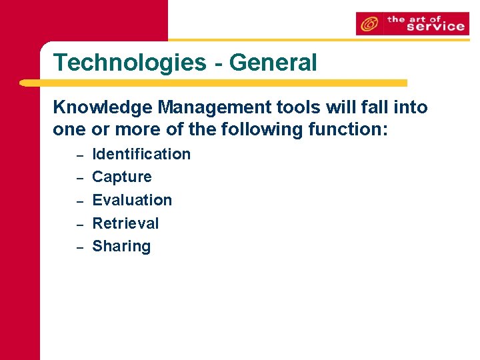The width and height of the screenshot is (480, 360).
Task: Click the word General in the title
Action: [273, 63]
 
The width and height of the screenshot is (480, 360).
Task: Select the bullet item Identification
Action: [141, 154]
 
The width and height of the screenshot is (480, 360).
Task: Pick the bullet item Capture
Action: [122, 177]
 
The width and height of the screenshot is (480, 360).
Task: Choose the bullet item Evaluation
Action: [132, 200]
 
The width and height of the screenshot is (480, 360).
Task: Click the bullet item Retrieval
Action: [125, 223]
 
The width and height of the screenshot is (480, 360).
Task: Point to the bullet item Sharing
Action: [121, 247]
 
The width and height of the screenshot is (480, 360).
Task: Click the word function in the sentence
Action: [347, 129]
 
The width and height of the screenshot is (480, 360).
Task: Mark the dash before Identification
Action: [78, 156]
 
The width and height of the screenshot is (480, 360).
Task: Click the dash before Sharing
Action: [78, 247]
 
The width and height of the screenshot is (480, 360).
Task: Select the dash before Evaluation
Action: [78, 201]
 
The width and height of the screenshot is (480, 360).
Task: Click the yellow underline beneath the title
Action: [213, 83]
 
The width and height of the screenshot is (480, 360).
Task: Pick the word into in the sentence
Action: [409, 107]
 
